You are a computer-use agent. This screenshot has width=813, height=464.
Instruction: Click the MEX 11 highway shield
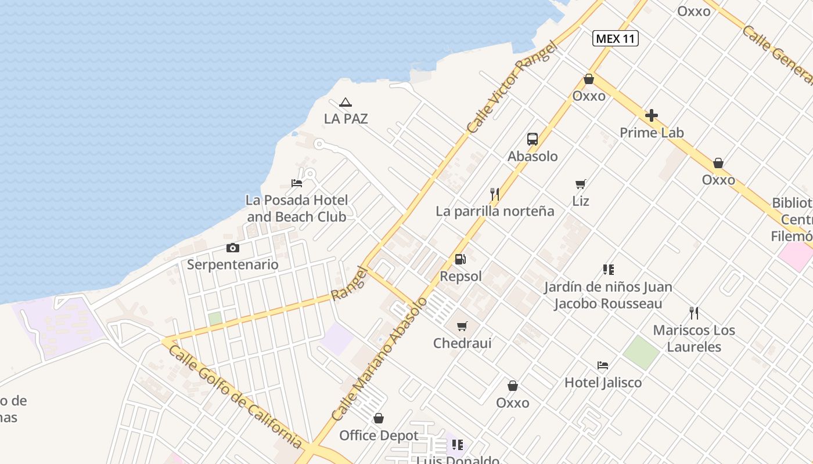pos(616,39)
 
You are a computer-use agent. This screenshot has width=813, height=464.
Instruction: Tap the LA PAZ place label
pos(346,119)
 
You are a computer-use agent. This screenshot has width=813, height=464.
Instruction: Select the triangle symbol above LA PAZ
pos(346,103)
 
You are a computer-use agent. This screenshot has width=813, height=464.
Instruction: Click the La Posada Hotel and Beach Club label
pos(297,209)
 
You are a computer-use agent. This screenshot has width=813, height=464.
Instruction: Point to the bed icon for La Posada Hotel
pos(297,183)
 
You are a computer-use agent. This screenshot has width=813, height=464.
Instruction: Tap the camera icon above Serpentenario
pos(232,248)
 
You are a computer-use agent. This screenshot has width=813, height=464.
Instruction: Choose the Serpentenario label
pos(232,264)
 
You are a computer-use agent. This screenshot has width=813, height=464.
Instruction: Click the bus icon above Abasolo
pos(533,139)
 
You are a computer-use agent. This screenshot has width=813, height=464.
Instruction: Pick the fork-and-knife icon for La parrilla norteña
pos(495,194)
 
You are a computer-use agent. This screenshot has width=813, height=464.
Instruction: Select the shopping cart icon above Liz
pos(580,184)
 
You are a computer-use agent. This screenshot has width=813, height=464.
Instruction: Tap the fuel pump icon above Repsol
pos(460,259)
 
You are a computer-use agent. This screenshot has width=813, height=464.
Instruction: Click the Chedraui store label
pos(462,343)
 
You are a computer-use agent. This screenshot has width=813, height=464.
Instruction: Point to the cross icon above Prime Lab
pos(652,115)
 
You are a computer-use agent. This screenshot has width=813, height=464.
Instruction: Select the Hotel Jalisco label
pos(603,383)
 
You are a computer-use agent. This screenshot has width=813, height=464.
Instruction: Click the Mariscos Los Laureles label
pos(694,339)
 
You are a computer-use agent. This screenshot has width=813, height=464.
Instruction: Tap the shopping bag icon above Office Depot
pos(379,418)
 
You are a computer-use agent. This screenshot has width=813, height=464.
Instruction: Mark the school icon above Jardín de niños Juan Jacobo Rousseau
pos(608,270)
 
